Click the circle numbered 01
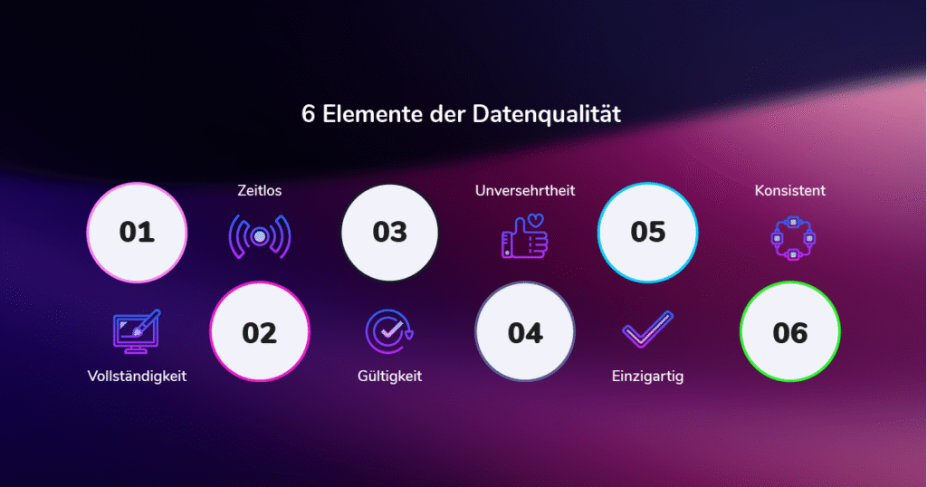click(137, 232)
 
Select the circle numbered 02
click(259, 332)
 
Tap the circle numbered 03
click(390, 232)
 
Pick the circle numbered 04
click(525, 332)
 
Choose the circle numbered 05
click(648, 232)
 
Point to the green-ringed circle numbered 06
click(789, 332)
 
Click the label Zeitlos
click(260, 191)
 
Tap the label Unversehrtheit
click(525, 191)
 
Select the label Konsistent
click(789, 191)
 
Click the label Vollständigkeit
click(137, 376)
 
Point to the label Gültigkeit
click(390, 376)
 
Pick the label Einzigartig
click(647, 376)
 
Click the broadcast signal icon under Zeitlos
click(260, 237)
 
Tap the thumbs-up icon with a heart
click(525, 236)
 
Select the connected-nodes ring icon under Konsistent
click(789, 238)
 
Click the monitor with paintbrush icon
click(136, 331)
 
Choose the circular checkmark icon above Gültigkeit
click(390, 332)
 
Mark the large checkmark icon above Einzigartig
click(647, 330)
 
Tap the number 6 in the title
click(307, 116)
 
